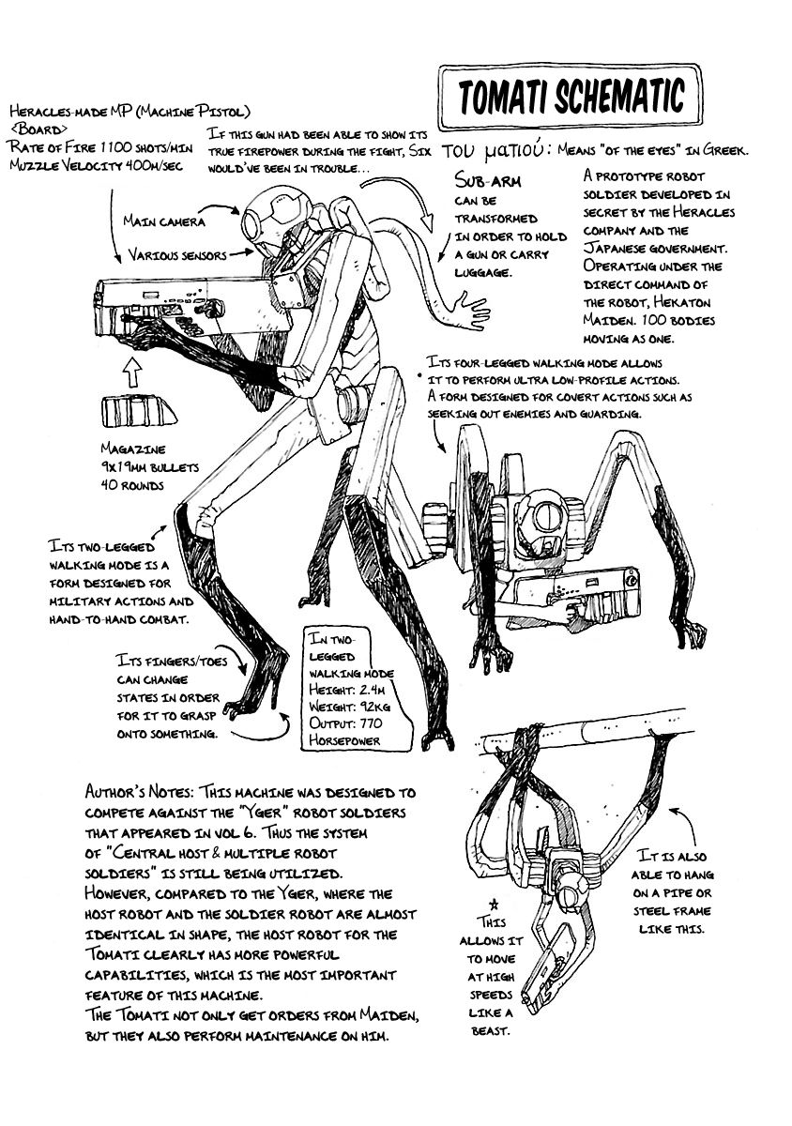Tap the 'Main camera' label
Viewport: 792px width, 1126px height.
point(164,221)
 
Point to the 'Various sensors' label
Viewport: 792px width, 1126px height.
point(177,255)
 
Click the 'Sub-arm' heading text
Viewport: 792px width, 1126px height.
point(488,180)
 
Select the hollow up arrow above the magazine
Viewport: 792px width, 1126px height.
point(132,371)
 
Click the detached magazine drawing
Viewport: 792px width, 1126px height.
point(140,411)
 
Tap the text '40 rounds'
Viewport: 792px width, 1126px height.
point(132,485)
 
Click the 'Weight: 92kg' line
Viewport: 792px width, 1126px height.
point(349,707)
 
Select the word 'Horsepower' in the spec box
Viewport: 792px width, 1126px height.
point(344,740)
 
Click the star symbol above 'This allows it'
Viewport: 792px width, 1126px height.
point(495,905)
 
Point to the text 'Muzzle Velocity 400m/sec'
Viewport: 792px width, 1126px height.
point(96,166)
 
